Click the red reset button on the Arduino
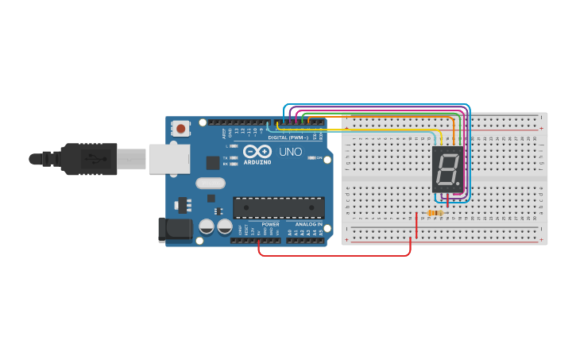pos(181,128)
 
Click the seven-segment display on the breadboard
pos(447,168)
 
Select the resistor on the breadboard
pos(434,213)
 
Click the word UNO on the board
pos(290,151)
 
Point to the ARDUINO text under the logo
pos(257,161)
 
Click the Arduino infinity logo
pos(257,151)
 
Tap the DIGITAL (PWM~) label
pos(288,137)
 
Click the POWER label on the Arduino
pos(270,224)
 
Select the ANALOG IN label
pos(309,224)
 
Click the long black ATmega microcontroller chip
pos(278,207)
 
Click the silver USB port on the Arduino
pos(168,158)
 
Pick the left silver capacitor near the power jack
pos(207,226)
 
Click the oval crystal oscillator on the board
pos(205,183)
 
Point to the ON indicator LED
pos(314,158)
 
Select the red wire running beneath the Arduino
pos(334,255)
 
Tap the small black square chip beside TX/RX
pos(213,162)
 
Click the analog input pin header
pos(306,240)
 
